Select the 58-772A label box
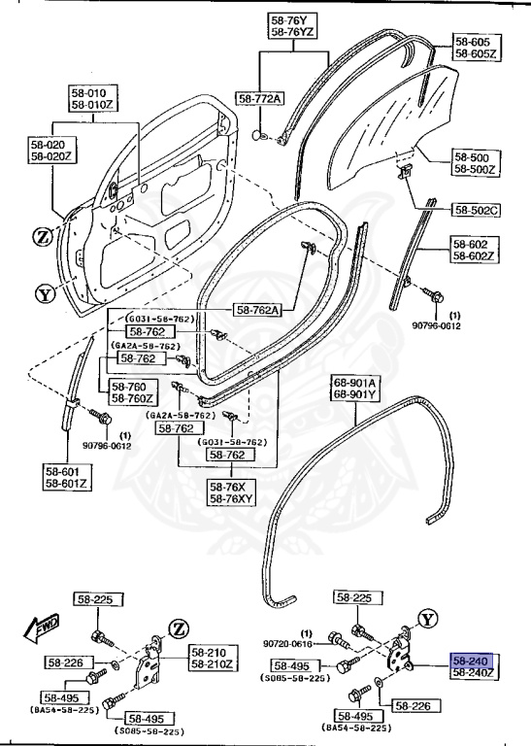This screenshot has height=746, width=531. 260,99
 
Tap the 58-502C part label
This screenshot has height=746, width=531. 476,209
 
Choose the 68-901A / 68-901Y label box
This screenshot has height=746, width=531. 357,389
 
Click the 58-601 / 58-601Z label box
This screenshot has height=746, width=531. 67,475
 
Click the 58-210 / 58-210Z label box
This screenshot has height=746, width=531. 212,659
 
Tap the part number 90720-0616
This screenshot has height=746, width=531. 286,643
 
